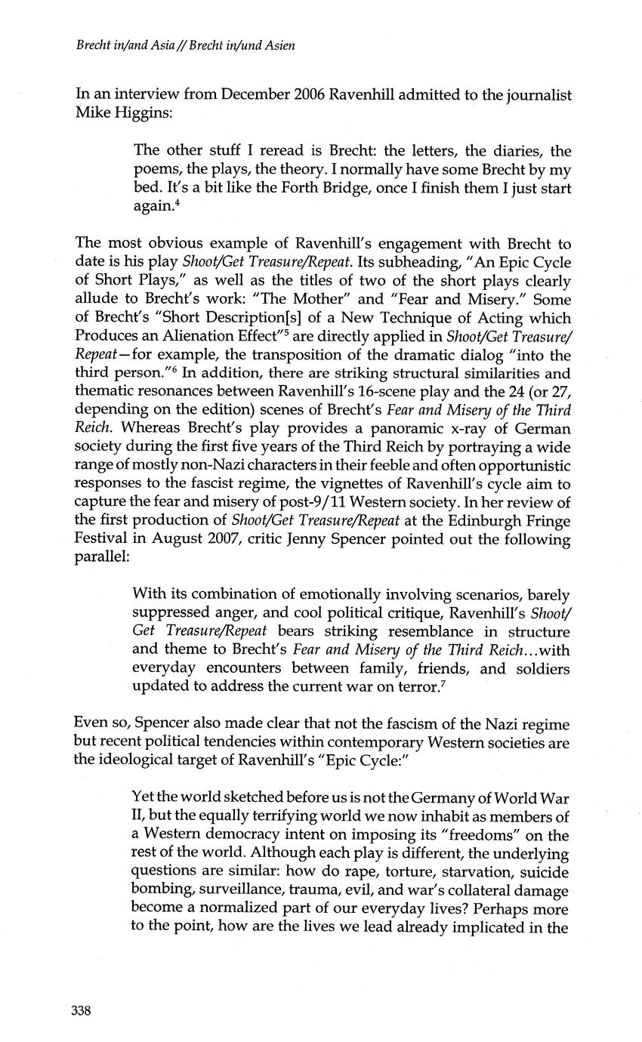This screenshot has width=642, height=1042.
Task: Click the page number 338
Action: point(81,1010)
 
